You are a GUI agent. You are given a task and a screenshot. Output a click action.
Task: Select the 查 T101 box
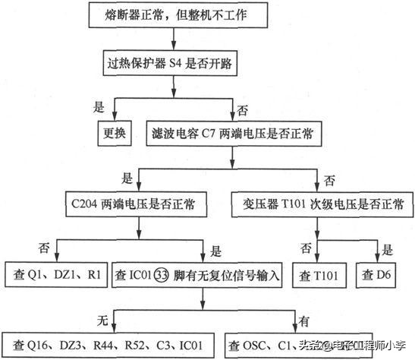(315, 273)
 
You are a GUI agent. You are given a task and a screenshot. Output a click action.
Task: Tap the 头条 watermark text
(309, 346)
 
